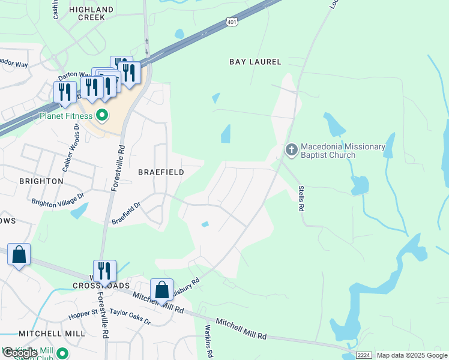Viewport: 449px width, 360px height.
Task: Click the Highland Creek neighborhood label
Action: pyautogui.click(x=91, y=13)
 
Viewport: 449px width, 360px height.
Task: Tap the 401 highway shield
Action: pyautogui.click(x=232, y=22)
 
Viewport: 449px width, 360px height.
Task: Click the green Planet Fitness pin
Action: pyautogui.click(x=102, y=115)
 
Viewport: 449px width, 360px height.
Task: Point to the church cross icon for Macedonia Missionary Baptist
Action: pyautogui.click(x=291, y=149)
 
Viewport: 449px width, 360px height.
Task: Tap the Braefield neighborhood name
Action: pyautogui.click(x=161, y=172)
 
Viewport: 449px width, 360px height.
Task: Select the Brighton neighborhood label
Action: pyautogui.click(x=41, y=181)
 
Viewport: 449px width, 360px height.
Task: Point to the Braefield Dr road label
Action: pyautogui.click(x=126, y=214)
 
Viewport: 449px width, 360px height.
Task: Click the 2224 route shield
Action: pyautogui.click(x=364, y=355)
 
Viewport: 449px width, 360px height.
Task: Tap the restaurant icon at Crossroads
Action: pyautogui.click(x=104, y=271)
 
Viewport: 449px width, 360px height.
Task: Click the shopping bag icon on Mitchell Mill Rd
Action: pyautogui.click(x=161, y=289)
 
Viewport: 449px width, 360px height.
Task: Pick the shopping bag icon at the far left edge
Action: pyautogui.click(x=19, y=254)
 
